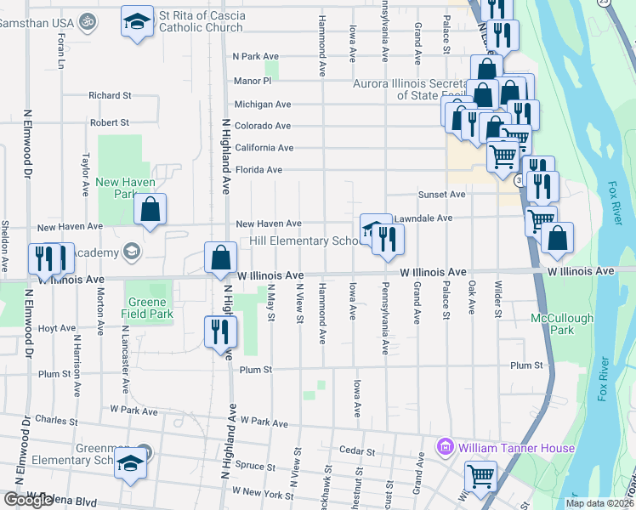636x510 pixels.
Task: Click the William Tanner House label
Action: pyautogui.click(x=516, y=448)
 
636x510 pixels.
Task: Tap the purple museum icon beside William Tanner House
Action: pyautogui.click(x=444, y=447)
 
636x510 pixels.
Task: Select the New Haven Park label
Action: pyautogui.click(x=118, y=188)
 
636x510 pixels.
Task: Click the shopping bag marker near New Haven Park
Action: pyautogui.click(x=150, y=210)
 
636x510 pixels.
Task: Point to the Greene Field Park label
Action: pyautogui.click(x=150, y=308)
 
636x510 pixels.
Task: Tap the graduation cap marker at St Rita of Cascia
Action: pyautogui.click(x=136, y=20)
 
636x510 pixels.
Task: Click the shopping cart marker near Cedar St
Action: pyautogui.click(x=480, y=477)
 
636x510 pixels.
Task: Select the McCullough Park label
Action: pyautogui.click(x=554, y=324)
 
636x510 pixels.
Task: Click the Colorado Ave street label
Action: pyautogui.click(x=263, y=126)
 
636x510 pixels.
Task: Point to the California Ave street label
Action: pyautogui.click(x=264, y=148)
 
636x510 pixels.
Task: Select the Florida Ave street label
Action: pyautogui.click(x=258, y=170)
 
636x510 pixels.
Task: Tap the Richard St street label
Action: pyautogui.click(x=109, y=96)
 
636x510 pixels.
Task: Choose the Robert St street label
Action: pyautogui.click(x=109, y=123)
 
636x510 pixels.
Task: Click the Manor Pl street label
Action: pyautogui.click(x=253, y=81)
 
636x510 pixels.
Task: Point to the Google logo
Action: pyautogui.click(x=28, y=500)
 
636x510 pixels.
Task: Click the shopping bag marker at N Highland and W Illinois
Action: pyautogui.click(x=220, y=258)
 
